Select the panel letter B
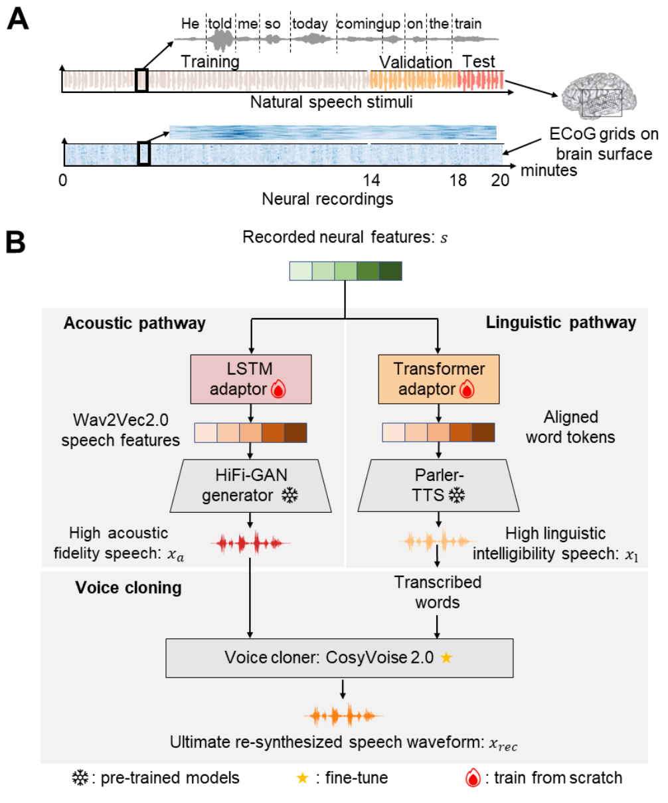click(16, 242)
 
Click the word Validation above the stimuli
click(415, 62)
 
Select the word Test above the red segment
click(479, 62)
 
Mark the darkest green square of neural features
click(390, 272)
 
